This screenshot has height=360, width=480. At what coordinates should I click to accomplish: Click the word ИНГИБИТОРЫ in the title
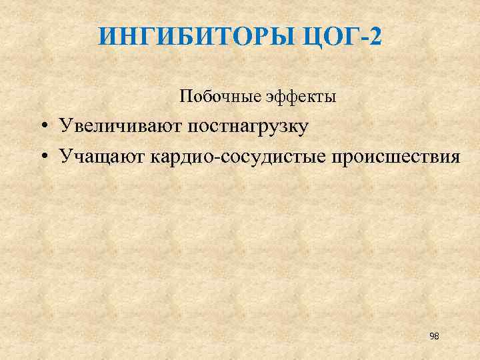coord(193,36)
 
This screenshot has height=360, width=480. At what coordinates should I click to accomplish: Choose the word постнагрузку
coord(247,127)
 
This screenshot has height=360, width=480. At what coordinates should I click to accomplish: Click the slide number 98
coord(434,336)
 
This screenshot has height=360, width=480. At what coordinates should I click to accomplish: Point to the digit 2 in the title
coord(375,36)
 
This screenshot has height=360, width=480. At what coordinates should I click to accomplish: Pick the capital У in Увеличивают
coord(65,127)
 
